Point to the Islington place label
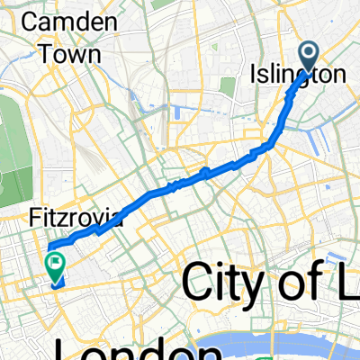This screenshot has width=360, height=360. click(296, 76)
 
